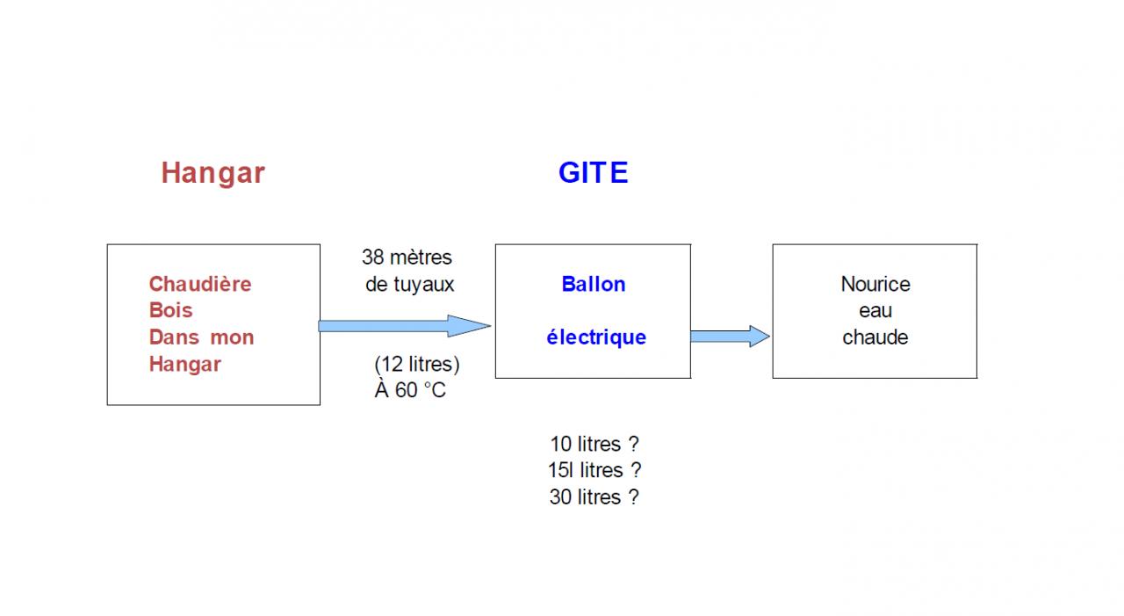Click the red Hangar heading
click(213, 173)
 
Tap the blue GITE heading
click(594, 173)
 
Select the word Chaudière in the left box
click(200, 284)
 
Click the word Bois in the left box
click(170, 310)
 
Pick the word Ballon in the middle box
click(594, 284)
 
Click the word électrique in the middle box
click(596, 337)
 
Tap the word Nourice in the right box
click(875, 284)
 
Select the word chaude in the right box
click(875, 337)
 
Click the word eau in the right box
click(875, 310)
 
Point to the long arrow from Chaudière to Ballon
click(404, 326)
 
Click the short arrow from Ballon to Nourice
click(730, 336)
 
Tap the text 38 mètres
click(407, 257)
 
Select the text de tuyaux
click(410, 284)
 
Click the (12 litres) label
click(416, 364)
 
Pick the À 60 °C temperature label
click(410, 390)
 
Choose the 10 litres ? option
click(594, 444)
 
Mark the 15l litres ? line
click(594, 470)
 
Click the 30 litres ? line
click(594, 496)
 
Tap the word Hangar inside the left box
click(184, 364)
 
